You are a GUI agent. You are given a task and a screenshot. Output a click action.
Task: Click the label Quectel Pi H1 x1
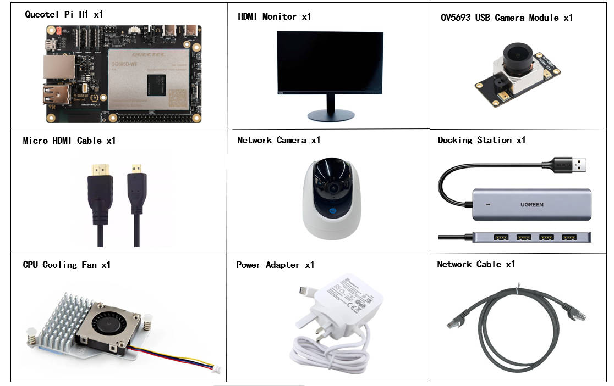(x=64, y=15)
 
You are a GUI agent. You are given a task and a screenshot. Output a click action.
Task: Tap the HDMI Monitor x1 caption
(x=274, y=17)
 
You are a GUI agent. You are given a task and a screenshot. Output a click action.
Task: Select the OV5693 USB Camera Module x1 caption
(x=506, y=18)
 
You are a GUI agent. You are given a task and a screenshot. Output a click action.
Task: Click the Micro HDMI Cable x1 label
(x=69, y=141)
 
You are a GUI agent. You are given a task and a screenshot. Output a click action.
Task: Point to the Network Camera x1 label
(x=278, y=141)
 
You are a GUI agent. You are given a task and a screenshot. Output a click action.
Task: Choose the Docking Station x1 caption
(x=481, y=141)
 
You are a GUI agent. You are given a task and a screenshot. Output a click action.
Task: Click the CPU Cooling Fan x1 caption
(x=67, y=265)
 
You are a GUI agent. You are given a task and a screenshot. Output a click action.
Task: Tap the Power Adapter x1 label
(x=275, y=265)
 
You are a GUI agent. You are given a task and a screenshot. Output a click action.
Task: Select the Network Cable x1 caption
(x=476, y=265)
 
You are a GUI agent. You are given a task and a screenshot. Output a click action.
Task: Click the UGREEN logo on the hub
(x=531, y=205)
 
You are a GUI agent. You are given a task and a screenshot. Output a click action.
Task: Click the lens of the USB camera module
(x=517, y=54)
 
